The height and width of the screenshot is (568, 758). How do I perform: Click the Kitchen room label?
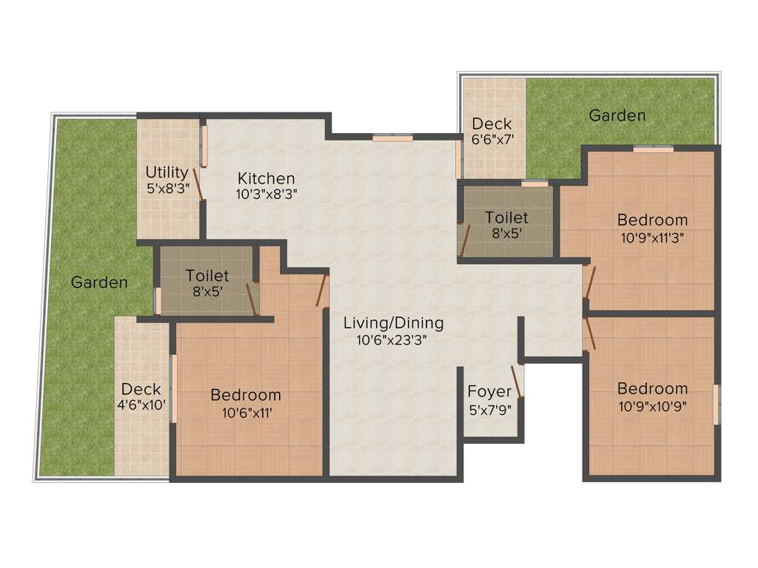click(266, 178)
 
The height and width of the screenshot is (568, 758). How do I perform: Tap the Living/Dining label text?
click(393, 323)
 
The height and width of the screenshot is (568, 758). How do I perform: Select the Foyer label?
click(489, 391)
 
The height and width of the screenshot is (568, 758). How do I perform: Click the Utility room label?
click(167, 173)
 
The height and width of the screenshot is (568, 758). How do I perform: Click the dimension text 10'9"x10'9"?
click(652, 405)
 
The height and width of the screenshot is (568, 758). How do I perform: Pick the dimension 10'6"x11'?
click(245, 413)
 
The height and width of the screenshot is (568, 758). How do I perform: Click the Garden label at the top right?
click(617, 116)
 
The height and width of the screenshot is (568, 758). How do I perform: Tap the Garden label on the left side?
click(99, 283)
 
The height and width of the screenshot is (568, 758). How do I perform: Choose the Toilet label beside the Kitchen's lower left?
click(207, 276)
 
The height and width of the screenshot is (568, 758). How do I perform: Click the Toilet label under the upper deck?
click(506, 217)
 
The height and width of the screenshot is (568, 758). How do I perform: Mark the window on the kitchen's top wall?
click(392, 137)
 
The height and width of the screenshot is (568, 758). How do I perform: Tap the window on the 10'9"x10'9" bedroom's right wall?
click(716, 404)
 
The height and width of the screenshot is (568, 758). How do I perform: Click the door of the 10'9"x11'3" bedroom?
click(588, 281)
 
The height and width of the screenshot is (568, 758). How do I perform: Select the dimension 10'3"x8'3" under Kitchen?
click(266, 195)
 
